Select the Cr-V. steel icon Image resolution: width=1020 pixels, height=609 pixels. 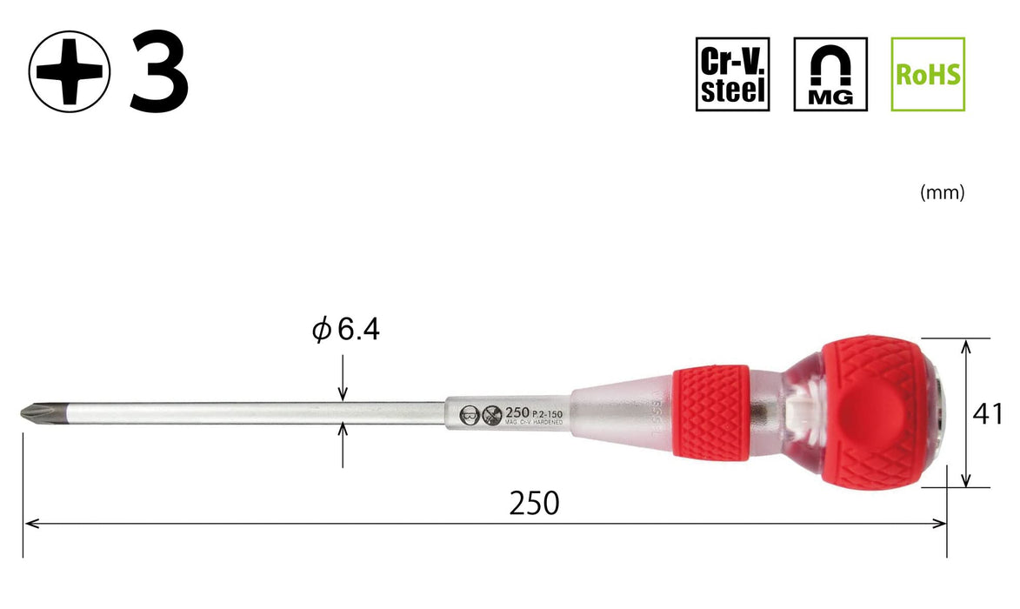[732, 74]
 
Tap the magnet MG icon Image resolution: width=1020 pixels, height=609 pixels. [830, 74]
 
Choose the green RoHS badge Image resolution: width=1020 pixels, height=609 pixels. [928, 74]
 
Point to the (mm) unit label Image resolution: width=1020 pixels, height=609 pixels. [942, 194]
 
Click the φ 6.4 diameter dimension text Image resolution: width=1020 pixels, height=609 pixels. [346, 331]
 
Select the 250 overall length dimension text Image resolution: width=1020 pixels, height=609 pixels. [534, 503]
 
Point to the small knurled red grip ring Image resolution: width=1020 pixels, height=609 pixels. [710, 412]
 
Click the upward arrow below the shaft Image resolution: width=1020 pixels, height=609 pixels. [344, 430]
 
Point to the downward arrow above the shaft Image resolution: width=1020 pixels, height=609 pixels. [344, 393]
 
